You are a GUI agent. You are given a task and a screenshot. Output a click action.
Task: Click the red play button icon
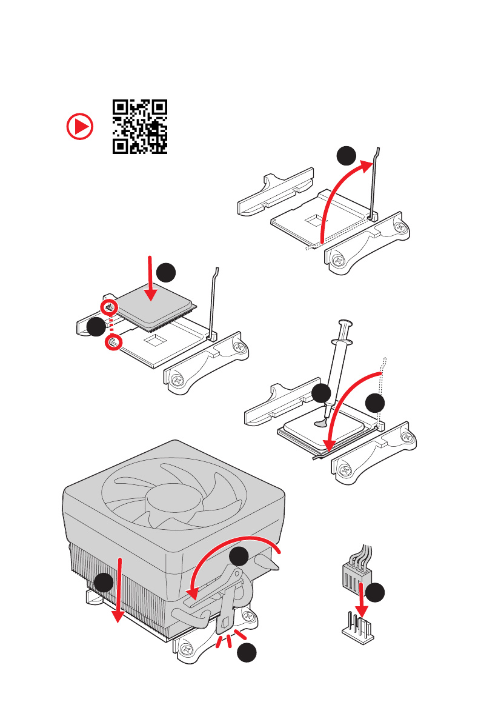(x=81, y=127)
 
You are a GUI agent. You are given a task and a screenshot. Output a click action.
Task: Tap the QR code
(x=140, y=127)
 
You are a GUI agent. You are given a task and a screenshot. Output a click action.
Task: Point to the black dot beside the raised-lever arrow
(x=347, y=156)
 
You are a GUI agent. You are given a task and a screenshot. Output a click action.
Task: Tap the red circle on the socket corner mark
(x=113, y=343)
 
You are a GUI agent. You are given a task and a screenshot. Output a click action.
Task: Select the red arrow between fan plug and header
(x=362, y=600)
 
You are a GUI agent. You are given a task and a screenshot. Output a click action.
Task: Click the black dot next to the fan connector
(x=377, y=592)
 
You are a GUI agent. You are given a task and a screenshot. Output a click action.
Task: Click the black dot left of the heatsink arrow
(x=104, y=583)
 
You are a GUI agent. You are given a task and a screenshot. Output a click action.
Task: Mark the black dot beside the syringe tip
(x=322, y=394)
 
